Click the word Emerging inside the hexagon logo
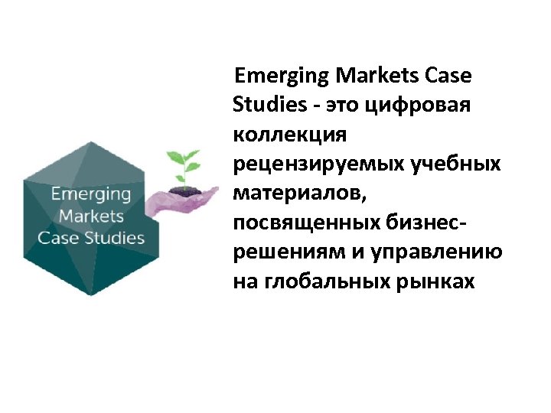point(91,194)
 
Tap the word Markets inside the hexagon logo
point(91,216)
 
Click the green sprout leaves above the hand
point(184,162)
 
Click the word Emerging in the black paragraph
point(282,76)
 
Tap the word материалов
point(299,193)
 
